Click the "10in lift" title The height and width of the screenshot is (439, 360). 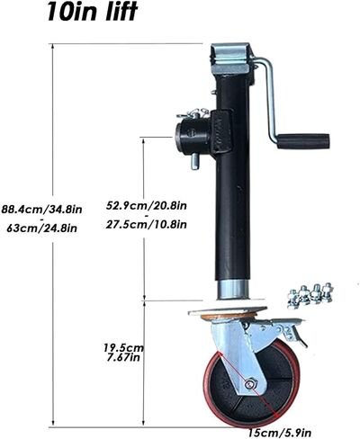point(92,12)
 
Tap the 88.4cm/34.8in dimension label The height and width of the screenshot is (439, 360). point(41,209)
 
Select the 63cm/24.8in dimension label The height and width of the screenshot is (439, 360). point(41,228)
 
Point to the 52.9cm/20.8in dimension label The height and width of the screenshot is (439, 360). point(147,205)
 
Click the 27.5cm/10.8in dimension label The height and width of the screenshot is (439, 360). point(147,224)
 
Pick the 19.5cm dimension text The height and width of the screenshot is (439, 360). point(123,348)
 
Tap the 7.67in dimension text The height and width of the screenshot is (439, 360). point(123,357)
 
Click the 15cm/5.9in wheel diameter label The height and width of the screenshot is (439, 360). point(280,433)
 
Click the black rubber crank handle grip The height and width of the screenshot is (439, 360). point(303,141)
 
